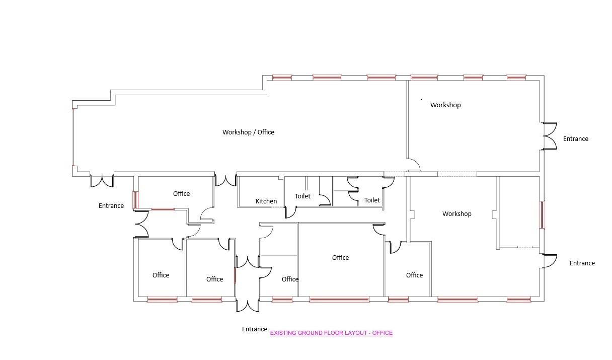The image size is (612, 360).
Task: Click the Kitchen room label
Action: [x=266, y=201]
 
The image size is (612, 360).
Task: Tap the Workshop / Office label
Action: [x=248, y=132]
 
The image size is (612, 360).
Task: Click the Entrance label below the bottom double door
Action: [x=254, y=329]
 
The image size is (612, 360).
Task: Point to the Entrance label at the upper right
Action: [x=576, y=139]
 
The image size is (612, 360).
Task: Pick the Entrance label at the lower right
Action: [x=582, y=263]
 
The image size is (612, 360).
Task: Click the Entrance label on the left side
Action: [x=111, y=206]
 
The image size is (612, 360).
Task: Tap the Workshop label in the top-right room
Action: [x=445, y=105]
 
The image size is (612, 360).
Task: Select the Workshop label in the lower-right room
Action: [x=457, y=214]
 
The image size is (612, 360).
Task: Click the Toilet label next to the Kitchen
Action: [x=302, y=196]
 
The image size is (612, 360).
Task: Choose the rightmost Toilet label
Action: [x=372, y=200]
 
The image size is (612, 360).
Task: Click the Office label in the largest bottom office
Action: [x=340, y=257]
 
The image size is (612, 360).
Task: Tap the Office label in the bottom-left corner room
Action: [x=161, y=275]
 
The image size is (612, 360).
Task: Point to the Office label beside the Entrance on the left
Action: [x=181, y=194]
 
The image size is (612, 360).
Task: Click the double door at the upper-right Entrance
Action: [x=550, y=136]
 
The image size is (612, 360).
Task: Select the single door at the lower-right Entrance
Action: [x=550, y=261]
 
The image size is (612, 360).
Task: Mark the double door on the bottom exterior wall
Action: [x=248, y=306]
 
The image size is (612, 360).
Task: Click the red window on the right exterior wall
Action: [x=542, y=214]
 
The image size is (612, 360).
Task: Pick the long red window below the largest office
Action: [x=339, y=300]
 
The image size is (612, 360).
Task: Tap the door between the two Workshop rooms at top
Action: [x=413, y=165]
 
